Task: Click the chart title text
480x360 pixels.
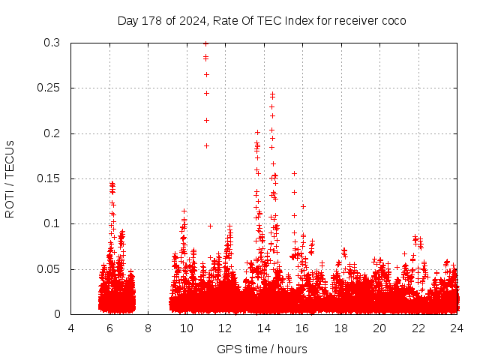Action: coord(262,20)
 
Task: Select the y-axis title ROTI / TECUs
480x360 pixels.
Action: coord(10,178)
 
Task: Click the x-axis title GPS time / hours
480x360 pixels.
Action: coord(262,349)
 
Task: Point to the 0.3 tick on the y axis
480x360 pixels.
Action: coord(52,43)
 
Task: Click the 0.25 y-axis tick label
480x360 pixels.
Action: coord(49,88)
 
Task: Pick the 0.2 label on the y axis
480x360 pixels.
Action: coord(52,133)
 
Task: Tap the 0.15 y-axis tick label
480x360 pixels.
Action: coord(49,178)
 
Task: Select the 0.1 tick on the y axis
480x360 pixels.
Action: coord(52,223)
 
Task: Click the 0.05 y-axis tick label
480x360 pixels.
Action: coord(49,268)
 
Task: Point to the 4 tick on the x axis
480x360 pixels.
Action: coord(71,328)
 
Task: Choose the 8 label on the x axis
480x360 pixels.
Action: coord(148,328)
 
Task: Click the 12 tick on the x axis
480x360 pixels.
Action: coord(226,328)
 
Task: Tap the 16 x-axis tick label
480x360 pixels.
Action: coord(302,328)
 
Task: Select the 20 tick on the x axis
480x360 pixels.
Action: coord(379,328)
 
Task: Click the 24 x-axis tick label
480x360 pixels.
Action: coord(457,328)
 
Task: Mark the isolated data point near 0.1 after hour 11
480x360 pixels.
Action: coord(210,226)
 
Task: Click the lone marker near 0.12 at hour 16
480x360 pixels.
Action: coord(303,206)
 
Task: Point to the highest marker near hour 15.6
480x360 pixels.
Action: coord(294,173)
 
